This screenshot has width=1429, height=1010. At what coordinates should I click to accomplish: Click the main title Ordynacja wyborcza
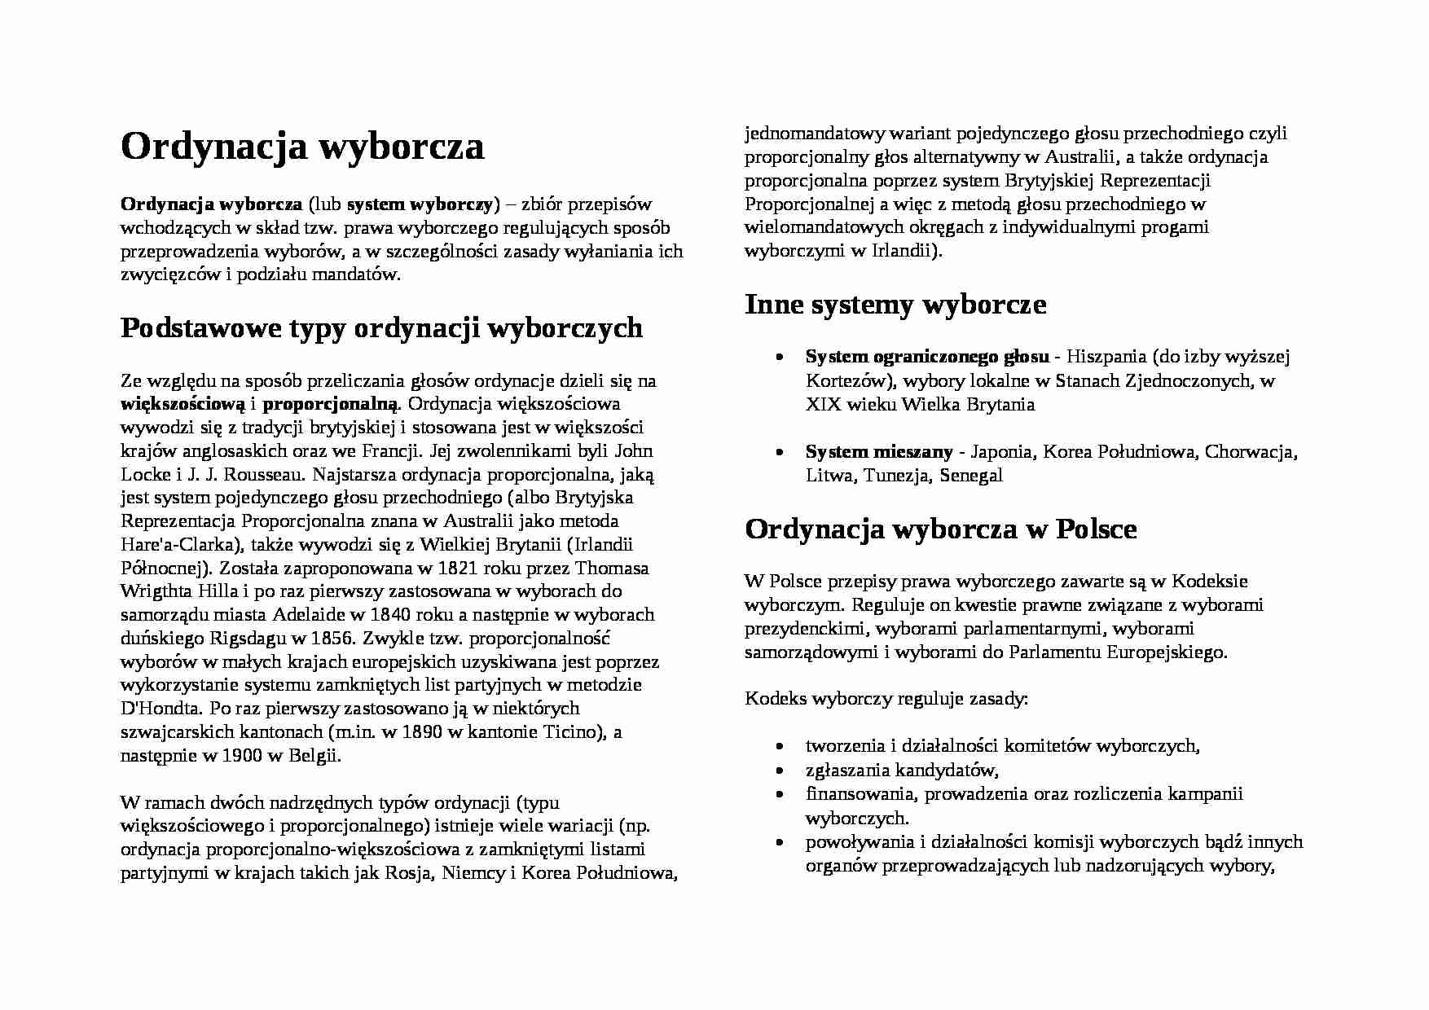[302, 147]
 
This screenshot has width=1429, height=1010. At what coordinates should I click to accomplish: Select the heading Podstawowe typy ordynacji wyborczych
[381, 328]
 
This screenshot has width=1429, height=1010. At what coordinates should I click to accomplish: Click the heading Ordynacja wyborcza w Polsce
[940, 529]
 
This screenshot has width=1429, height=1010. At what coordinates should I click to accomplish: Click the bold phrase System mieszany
[878, 452]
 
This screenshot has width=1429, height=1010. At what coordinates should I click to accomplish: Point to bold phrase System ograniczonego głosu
[926, 357]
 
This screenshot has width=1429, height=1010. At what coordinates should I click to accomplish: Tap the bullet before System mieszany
[781, 453]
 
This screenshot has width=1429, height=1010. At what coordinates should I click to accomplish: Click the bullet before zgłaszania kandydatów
[781, 771]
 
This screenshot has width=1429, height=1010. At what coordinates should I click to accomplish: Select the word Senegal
[970, 476]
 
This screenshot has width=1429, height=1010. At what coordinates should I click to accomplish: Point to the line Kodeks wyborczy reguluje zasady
[886, 699]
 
